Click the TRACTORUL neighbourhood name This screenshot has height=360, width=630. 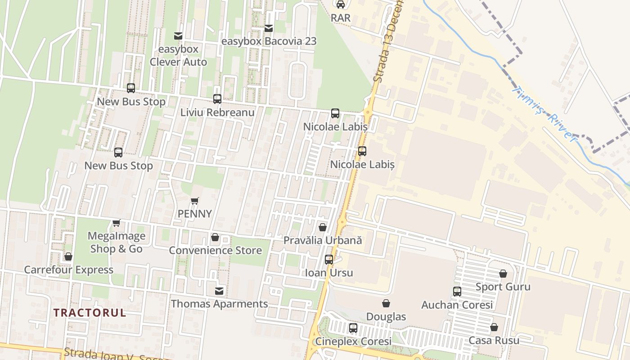(90, 313)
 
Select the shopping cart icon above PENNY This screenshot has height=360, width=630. (194, 201)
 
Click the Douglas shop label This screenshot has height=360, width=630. (386, 317)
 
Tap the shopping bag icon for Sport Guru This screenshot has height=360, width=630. (503, 274)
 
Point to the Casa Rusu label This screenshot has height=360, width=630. (494, 340)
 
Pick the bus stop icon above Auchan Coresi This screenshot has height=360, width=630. (457, 292)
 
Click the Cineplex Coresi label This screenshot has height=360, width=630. (353, 341)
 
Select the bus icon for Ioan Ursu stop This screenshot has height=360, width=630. (329, 260)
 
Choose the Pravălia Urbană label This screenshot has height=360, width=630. (323, 240)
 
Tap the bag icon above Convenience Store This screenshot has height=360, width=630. (215, 237)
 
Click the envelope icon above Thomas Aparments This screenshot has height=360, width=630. (219, 291)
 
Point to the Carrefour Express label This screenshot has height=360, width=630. (68, 270)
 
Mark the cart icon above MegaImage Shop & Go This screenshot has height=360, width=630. (117, 223)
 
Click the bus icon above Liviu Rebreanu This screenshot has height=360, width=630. (217, 99)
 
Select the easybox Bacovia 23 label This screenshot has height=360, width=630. (269, 41)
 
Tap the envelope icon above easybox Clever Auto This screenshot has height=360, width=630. (178, 36)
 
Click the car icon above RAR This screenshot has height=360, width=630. (341, 4)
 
